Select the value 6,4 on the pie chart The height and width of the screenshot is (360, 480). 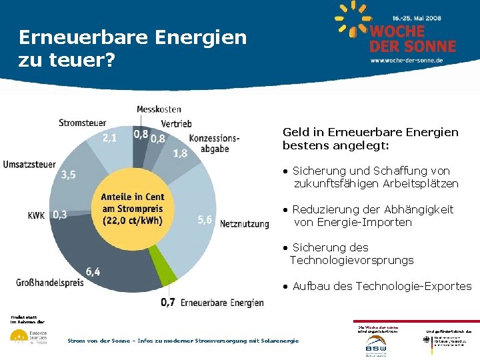[x=93, y=271]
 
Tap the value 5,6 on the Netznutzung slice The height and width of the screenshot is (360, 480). [x=205, y=220]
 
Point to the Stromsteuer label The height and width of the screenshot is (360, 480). [x=82, y=123]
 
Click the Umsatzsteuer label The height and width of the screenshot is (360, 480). [x=29, y=165]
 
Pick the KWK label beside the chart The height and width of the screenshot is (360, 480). [x=36, y=215]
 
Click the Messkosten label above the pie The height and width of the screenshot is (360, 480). [x=159, y=109]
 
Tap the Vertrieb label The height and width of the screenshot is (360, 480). [x=176, y=123]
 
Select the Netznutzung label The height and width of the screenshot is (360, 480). [x=244, y=224]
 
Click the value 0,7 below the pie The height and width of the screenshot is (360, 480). [x=169, y=302]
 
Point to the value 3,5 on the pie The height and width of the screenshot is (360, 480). [x=68, y=175]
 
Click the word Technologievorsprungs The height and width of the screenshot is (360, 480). [x=351, y=260]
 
